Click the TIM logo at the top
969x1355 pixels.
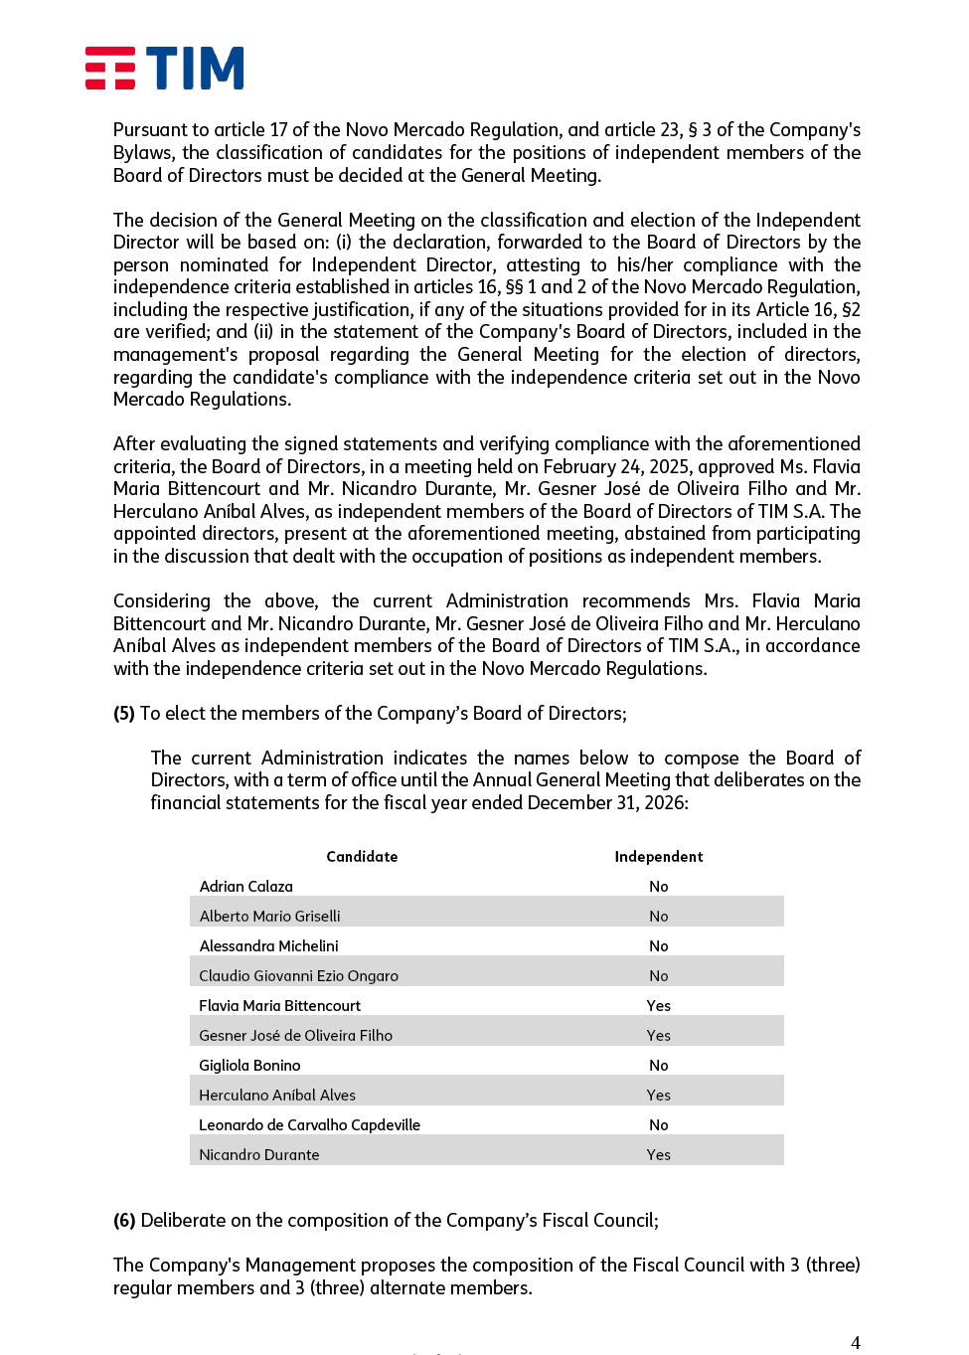164,69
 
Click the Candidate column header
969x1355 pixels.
362,857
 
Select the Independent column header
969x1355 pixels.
658,857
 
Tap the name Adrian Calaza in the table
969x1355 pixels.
245,887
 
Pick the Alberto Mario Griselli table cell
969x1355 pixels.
269,917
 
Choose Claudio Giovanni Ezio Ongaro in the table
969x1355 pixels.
298,976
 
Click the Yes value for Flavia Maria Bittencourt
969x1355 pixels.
658,1006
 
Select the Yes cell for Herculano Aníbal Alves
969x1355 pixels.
658,1096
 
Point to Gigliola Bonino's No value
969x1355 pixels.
658,1066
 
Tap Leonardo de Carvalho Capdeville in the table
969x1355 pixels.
309,1125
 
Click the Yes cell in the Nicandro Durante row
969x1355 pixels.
658,1155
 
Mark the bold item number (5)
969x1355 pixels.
123,713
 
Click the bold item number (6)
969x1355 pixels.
123,1220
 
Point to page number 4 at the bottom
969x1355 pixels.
855,1343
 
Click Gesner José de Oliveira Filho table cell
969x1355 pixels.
295,1036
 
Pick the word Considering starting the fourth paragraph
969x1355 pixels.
161,600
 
